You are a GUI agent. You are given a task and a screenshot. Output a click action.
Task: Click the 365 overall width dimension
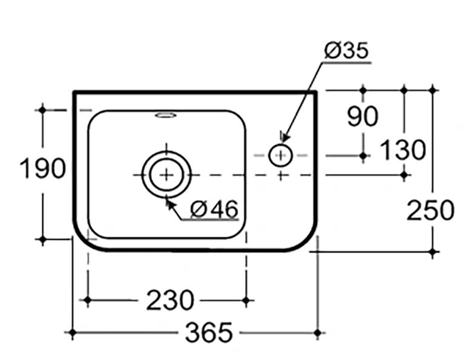pyautogui.click(x=209, y=333)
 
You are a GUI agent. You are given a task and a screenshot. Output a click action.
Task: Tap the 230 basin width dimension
pyautogui.click(x=170, y=300)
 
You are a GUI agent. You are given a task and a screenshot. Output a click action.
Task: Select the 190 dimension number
pyautogui.click(x=42, y=168)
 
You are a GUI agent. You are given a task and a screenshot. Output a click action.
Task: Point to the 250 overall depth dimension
pyautogui.click(x=430, y=210)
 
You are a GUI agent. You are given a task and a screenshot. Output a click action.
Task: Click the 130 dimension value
pyautogui.click(x=404, y=149)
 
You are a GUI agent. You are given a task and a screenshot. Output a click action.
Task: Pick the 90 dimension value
pyautogui.click(x=362, y=116)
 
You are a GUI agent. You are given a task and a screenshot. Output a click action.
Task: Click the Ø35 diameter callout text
pyautogui.click(x=347, y=50)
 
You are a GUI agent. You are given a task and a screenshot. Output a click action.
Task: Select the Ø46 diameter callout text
pyautogui.click(x=214, y=208)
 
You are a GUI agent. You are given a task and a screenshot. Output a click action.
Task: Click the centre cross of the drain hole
pyautogui.click(x=166, y=175)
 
